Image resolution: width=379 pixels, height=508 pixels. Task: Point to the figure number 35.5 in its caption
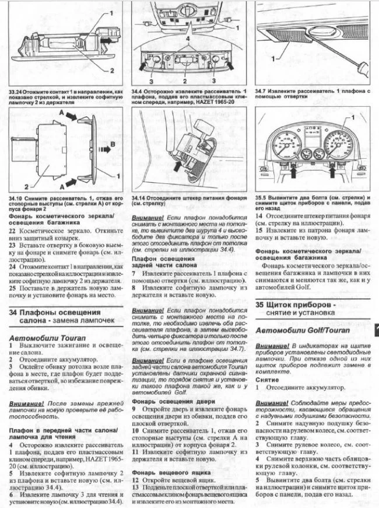point(262,198)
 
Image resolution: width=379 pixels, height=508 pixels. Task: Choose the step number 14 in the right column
point(260,215)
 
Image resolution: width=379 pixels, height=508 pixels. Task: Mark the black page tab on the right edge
point(376,330)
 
